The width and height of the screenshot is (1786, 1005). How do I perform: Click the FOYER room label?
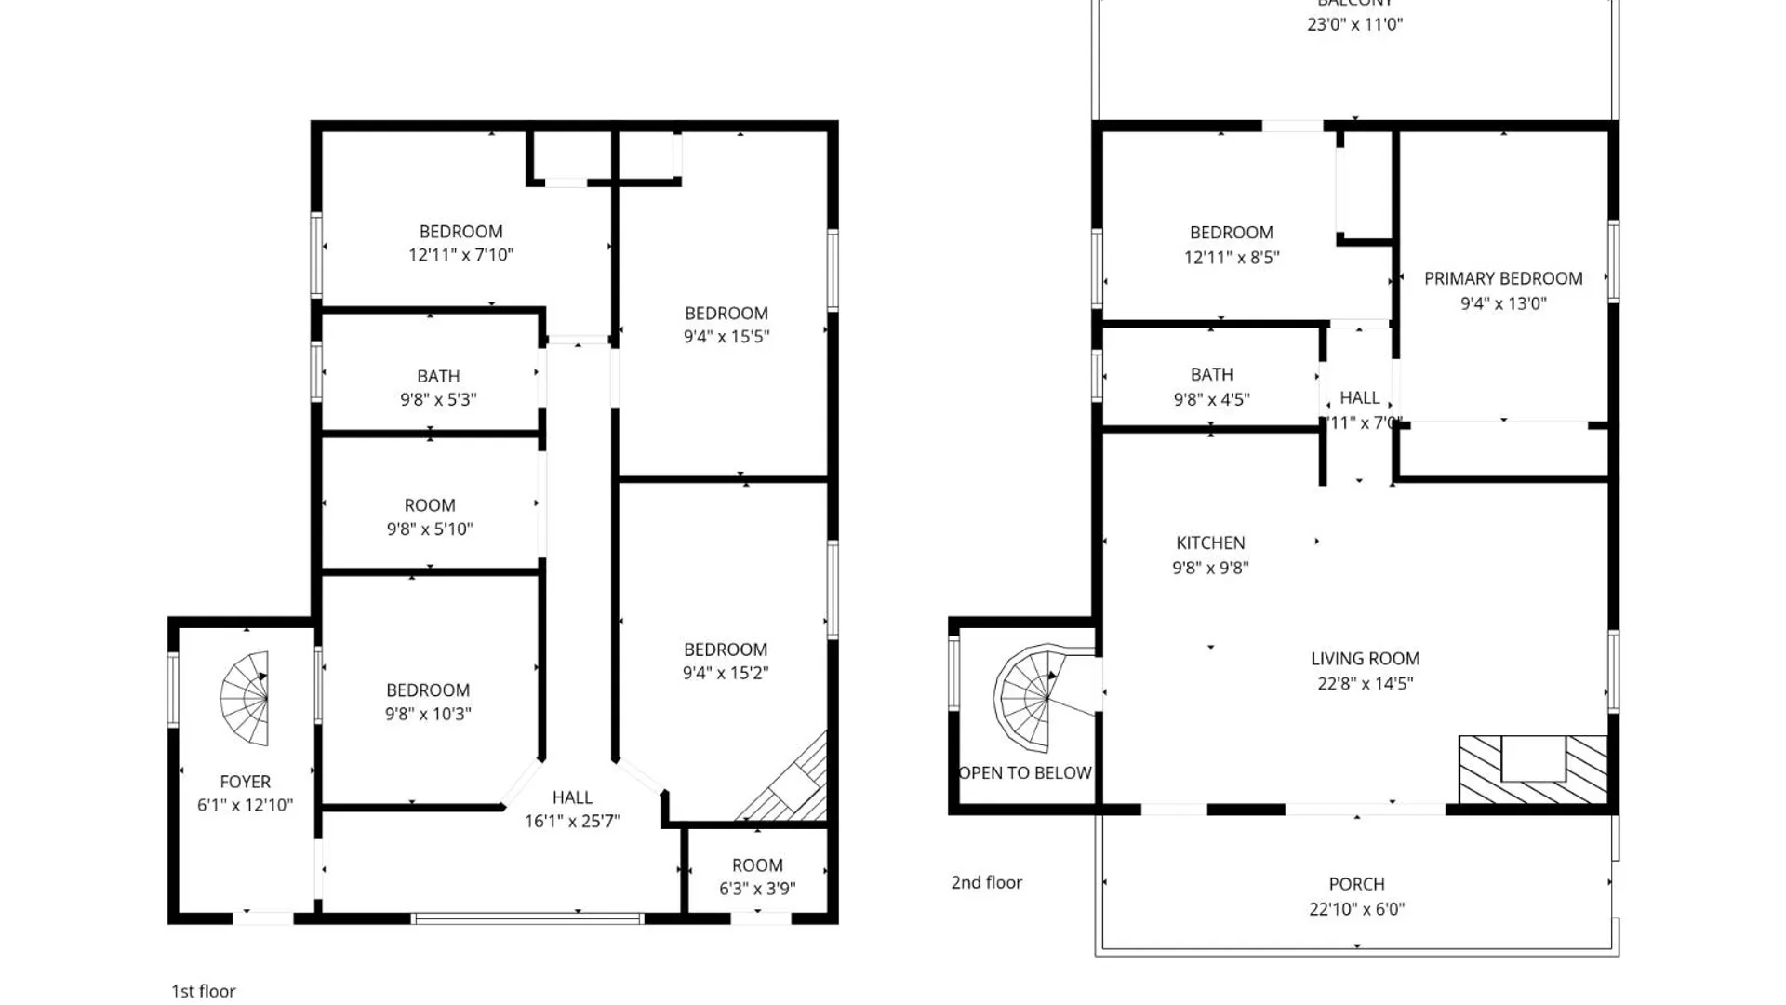pos(245,782)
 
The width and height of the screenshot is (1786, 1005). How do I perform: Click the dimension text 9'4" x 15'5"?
pos(726,337)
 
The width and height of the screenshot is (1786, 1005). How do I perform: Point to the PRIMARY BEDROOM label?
pos(1502,278)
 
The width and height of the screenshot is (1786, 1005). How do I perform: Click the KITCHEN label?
pos(1209,543)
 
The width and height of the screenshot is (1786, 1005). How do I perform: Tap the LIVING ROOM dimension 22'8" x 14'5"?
pos(1365,683)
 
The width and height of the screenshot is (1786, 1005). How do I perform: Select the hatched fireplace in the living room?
pos(1532,770)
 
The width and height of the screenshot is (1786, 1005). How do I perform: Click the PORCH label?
pos(1356,884)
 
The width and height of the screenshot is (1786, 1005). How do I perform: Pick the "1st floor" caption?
pos(203,991)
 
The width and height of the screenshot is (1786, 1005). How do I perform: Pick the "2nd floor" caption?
pos(986,882)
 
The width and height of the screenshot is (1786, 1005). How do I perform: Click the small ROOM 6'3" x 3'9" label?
pos(756,865)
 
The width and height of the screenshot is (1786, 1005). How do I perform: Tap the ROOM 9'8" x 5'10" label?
pos(429,505)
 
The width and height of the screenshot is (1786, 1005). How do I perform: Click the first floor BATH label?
pos(437,376)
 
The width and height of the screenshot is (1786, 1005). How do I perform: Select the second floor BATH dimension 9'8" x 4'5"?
pos(1210,399)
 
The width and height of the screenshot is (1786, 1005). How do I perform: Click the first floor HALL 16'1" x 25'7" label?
pos(572,797)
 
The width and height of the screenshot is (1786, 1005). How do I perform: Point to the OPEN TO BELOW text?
pos(1024,772)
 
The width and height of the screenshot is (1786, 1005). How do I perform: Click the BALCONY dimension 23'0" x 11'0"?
pos(1354,24)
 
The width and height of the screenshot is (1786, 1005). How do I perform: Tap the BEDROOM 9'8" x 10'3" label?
pos(428,690)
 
